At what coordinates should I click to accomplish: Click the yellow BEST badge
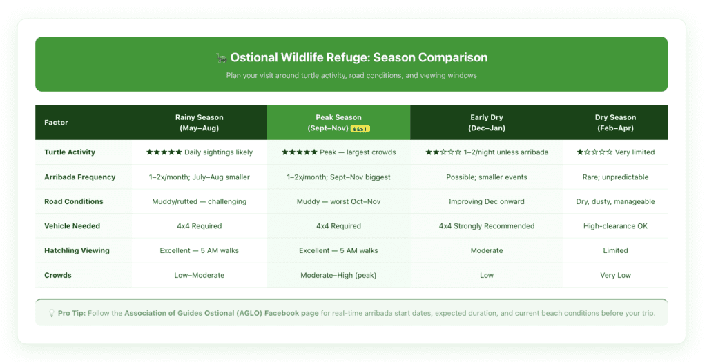click(360, 129)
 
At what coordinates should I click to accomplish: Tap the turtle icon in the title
click(221, 58)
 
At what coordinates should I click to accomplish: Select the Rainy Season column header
click(200, 123)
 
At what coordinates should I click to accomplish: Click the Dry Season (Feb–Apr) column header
click(615, 123)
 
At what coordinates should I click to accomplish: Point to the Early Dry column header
click(487, 123)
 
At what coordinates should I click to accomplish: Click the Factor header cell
click(56, 123)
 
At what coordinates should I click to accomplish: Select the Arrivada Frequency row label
click(79, 177)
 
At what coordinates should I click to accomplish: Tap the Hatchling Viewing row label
click(77, 250)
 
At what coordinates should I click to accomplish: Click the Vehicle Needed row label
click(72, 226)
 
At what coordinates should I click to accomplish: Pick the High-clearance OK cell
click(615, 226)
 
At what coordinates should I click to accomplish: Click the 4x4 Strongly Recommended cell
click(487, 226)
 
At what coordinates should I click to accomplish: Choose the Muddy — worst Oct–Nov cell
click(338, 202)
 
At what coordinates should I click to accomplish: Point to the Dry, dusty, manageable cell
click(615, 202)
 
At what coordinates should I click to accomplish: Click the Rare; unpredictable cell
click(615, 177)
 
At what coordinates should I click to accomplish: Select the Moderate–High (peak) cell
click(338, 275)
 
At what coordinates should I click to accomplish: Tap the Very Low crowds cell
click(615, 275)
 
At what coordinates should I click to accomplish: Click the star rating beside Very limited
click(594, 152)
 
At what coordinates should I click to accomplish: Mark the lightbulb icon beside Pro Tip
click(51, 313)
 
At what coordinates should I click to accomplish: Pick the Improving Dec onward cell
click(487, 202)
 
